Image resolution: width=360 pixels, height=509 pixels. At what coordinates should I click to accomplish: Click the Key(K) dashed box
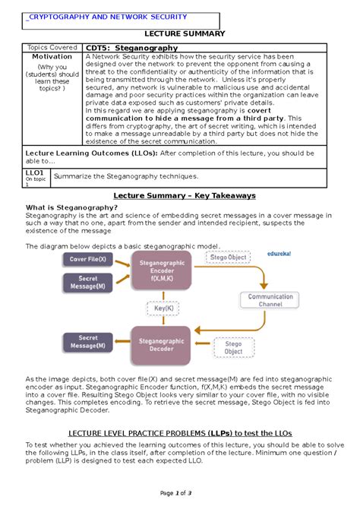click(x=160, y=308)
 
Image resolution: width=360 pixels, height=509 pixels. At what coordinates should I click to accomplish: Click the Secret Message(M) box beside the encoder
click(x=87, y=283)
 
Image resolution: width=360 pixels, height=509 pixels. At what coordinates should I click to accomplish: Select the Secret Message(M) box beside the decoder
click(x=87, y=342)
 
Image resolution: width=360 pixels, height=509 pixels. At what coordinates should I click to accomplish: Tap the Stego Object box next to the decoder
click(x=233, y=347)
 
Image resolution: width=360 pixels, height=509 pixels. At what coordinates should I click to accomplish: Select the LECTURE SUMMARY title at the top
click(x=179, y=35)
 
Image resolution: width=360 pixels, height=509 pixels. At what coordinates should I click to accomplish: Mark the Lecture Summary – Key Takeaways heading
click(x=179, y=195)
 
